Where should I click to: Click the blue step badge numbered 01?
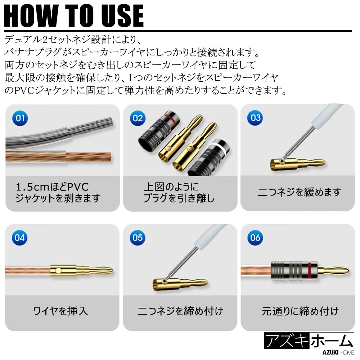20,118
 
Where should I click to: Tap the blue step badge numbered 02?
138,118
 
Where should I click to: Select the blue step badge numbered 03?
255,118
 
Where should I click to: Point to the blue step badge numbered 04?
20,238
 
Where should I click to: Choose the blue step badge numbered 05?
138,238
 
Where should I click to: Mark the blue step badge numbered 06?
255,238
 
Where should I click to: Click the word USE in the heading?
122,15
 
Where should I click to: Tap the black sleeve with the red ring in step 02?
159,131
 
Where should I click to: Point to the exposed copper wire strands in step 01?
89,157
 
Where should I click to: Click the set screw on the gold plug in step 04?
59,271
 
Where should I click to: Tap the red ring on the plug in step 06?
310,271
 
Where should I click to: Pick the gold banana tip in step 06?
335,271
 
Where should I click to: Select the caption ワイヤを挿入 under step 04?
60,311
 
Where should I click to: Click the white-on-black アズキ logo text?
287,341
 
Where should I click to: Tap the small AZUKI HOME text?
338,353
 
